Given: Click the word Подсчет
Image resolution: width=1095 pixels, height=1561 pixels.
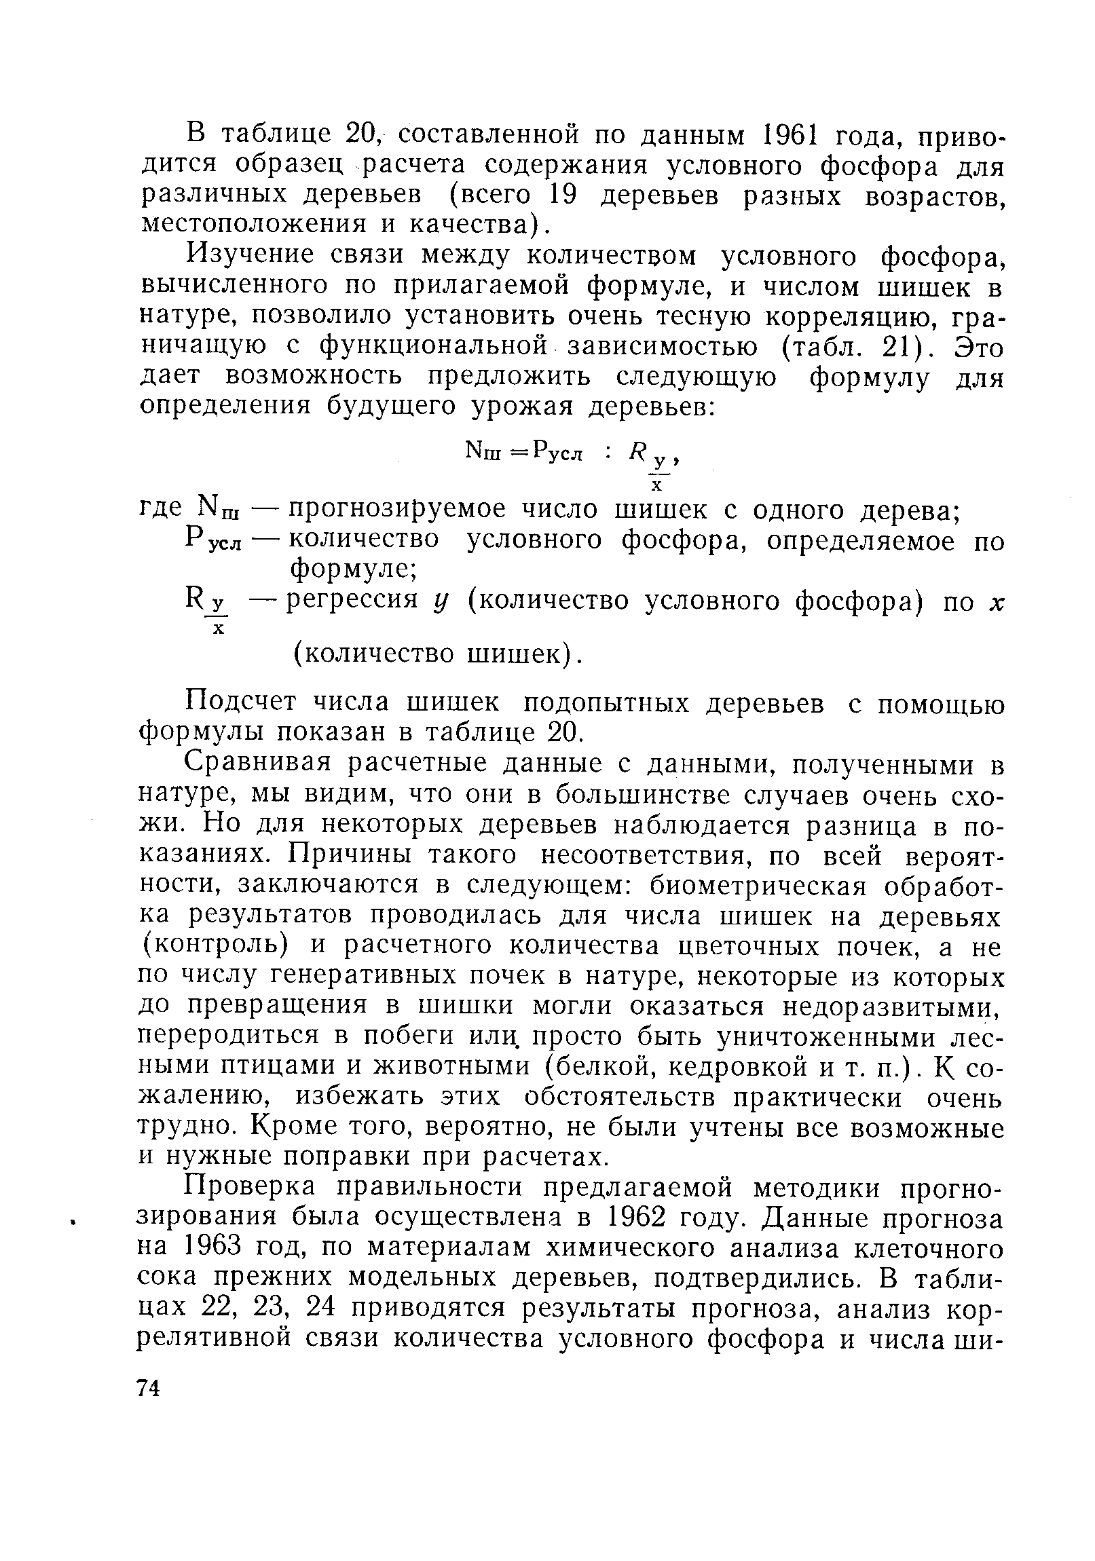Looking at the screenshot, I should coord(242,702).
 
